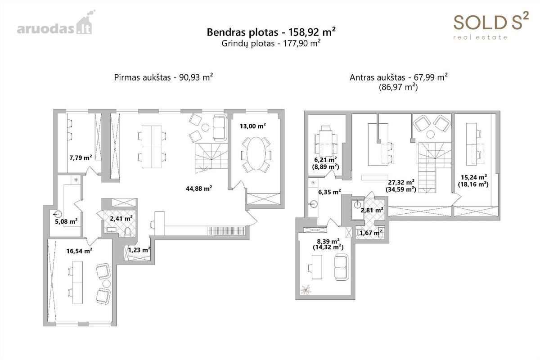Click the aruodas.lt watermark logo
click(56, 22)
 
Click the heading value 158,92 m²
click(312, 32)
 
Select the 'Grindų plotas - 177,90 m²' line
click(271, 43)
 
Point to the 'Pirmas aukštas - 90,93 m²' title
click(163, 77)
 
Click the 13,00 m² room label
click(252, 126)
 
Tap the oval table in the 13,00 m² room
click(256, 153)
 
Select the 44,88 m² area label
click(198, 189)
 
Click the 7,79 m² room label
click(81, 158)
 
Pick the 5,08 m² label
click(66, 221)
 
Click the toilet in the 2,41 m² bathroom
click(127, 232)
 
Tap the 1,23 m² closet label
click(139, 250)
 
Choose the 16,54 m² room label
click(79, 251)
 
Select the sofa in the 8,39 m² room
click(342, 267)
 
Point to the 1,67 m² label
click(371, 233)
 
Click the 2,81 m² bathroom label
click(372, 210)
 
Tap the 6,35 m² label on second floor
click(329, 192)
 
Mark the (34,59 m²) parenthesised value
click(401, 189)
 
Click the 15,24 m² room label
click(474, 177)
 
